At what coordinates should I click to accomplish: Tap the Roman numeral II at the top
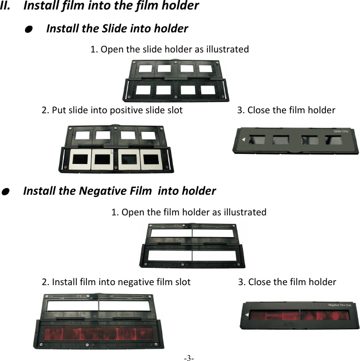[x=8, y=7]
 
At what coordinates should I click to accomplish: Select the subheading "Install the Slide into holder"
[x=117, y=28]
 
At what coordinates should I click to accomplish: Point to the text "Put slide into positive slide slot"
[x=112, y=110]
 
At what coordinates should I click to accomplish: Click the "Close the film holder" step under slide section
[x=286, y=110]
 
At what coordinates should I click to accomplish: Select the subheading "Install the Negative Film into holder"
[x=119, y=191]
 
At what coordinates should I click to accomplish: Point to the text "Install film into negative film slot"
[x=116, y=282]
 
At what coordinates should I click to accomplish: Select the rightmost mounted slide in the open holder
[x=151, y=160]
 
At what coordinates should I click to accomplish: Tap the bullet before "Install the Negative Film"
[x=4, y=191]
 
